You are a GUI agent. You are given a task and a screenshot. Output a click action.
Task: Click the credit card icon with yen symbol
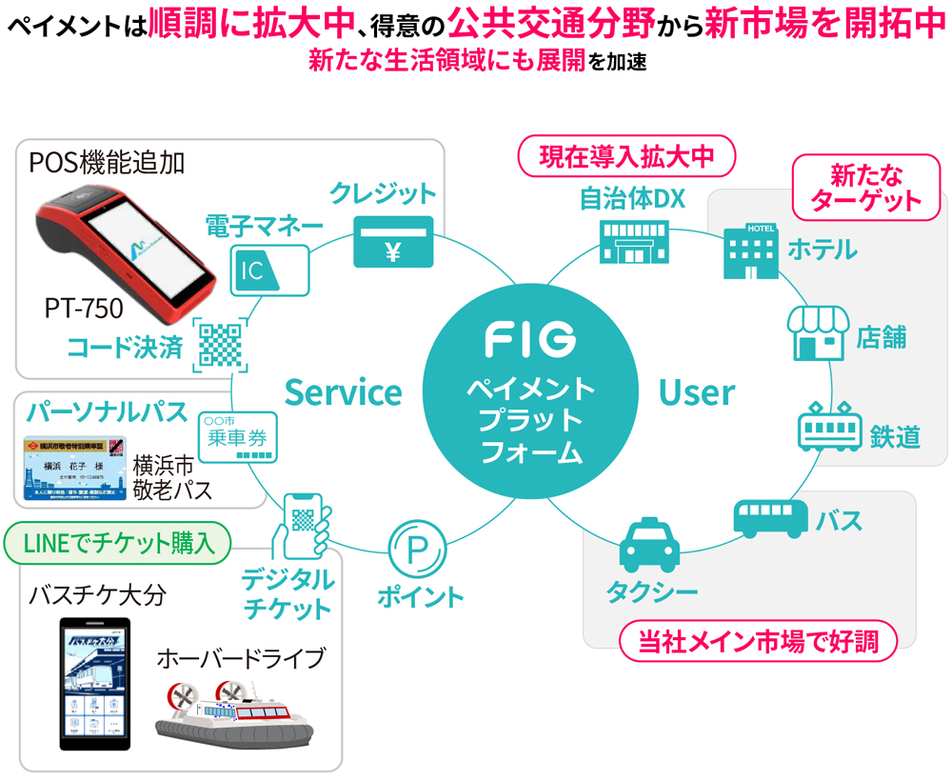[x=393, y=242]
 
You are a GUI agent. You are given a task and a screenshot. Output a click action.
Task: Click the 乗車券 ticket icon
[x=237, y=437]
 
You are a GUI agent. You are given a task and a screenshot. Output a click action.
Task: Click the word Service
[x=343, y=391]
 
